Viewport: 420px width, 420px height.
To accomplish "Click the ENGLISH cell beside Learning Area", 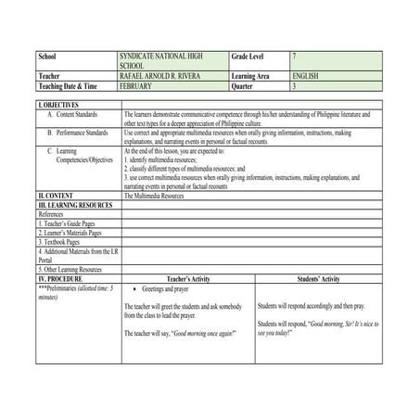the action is pos(305,76).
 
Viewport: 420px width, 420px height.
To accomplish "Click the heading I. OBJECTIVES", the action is pos(58,106).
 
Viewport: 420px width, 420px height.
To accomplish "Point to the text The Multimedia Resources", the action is pos(154,196).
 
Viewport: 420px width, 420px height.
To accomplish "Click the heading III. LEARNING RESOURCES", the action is pos(75,204).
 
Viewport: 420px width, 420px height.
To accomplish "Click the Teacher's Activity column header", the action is pos(188,277).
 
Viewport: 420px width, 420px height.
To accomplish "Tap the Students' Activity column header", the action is pos(318,277).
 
